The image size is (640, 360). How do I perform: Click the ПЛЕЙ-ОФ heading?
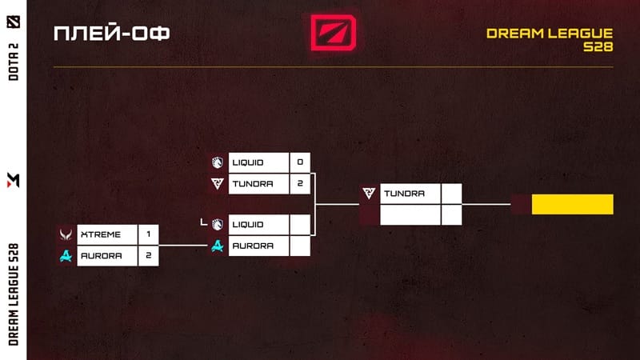tap(111, 34)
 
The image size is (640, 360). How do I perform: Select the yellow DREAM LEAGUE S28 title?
tap(550, 40)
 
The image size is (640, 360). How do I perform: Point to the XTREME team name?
tap(100, 234)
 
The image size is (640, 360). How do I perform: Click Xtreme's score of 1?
tap(148, 234)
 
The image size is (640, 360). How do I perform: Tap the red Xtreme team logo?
tap(65, 234)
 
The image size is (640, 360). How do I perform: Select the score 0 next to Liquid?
tap(300, 162)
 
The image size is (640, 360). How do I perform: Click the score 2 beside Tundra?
tap(300, 183)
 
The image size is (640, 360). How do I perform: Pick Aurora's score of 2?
tap(148, 255)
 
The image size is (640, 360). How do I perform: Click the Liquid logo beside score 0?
tap(218, 162)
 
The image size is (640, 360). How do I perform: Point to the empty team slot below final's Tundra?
tap(410, 215)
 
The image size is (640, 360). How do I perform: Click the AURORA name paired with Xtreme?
tap(100, 255)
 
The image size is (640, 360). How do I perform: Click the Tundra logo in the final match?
tap(369, 194)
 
